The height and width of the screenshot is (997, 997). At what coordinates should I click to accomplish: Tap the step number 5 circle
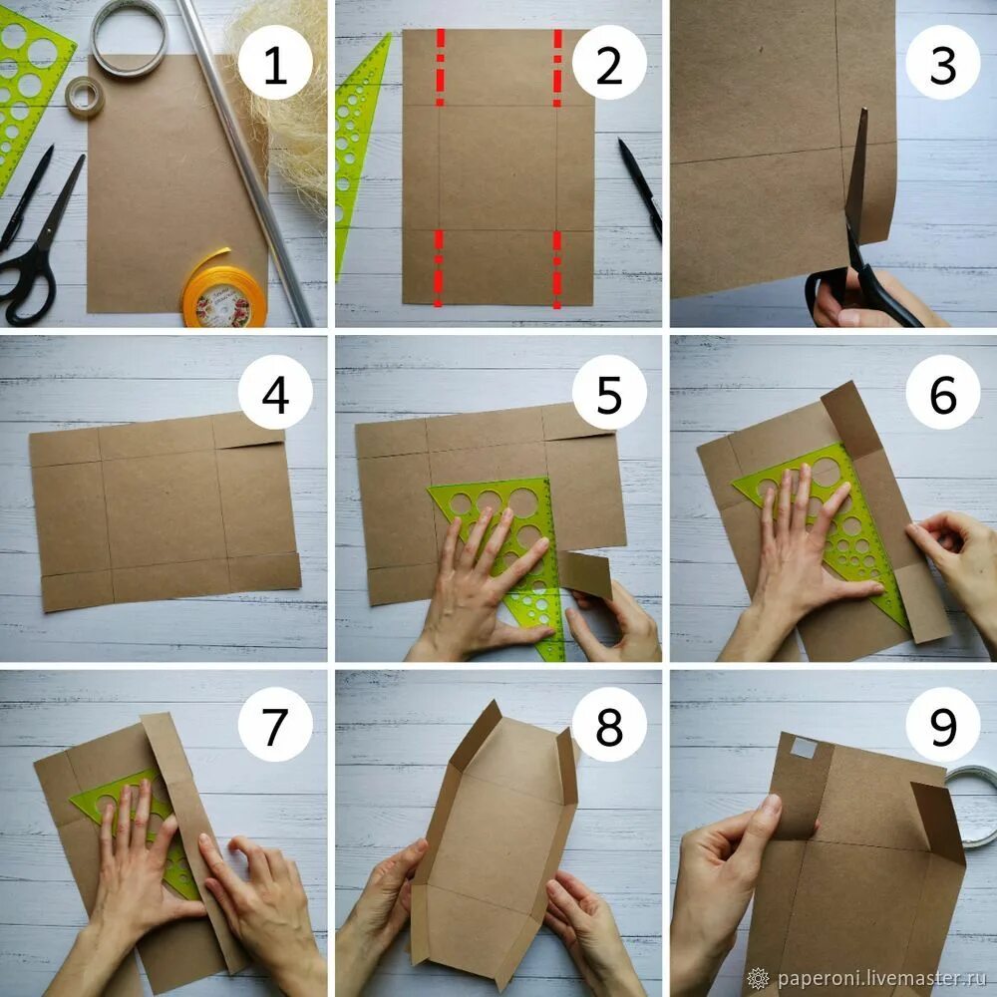(x=609, y=393)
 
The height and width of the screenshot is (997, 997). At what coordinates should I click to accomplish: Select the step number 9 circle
(x=943, y=724)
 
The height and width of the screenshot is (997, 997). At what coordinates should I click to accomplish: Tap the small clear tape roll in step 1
(x=84, y=98)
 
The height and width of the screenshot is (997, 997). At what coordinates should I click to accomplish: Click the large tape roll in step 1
(x=129, y=37)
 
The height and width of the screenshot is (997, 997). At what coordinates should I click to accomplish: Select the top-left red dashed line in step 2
(x=440, y=67)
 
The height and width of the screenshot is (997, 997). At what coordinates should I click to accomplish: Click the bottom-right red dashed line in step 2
(x=557, y=269)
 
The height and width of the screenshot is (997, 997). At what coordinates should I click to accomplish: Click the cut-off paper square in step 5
(x=587, y=574)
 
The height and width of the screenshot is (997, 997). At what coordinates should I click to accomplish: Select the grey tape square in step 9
(x=804, y=747)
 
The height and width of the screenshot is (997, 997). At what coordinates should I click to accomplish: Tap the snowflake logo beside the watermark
(x=758, y=978)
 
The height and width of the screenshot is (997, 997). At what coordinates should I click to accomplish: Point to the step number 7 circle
(x=275, y=724)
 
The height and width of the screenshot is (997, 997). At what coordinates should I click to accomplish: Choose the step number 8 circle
(x=609, y=724)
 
